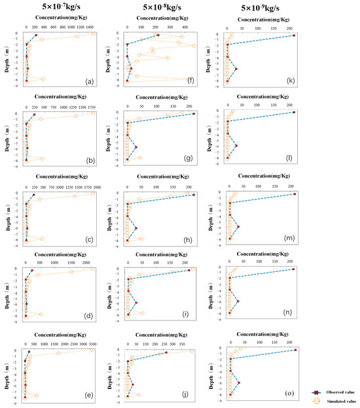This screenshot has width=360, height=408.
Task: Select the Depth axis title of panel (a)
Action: point(6,58)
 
